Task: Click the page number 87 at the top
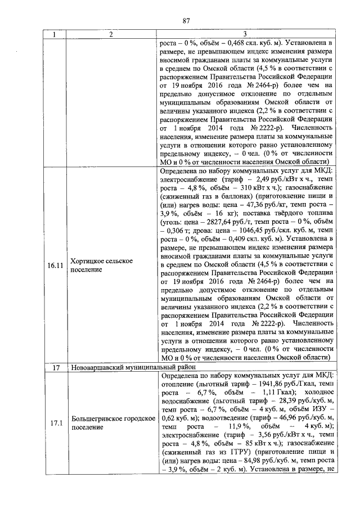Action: click(x=186, y=21)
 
